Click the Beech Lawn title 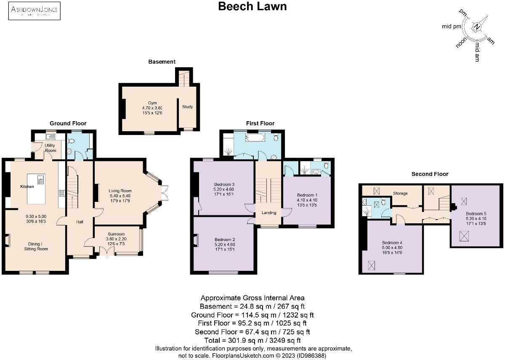pyautogui.click(x=252, y=6)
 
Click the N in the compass pyautogui.click(x=477, y=27)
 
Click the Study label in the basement pyautogui.click(x=187, y=107)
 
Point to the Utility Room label pyautogui.click(x=50, y=148)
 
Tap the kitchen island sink pyautogui.click(x=41, y=180)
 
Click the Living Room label pyautogui.click(x=120, y=191)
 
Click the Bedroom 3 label pyautogui.click(x=224, y=185)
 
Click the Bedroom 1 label pyautogui.click(x=307, y=195)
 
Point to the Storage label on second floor pyautogui.click(x=400, y=193)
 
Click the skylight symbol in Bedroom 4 pyautogui.click(x=372, y=265)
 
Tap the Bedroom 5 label pyautogui.click(x=476, y=214)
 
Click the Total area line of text pyautogui.click(x=252, y=340)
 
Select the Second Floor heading pyautogui.click(x=430, y=174)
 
